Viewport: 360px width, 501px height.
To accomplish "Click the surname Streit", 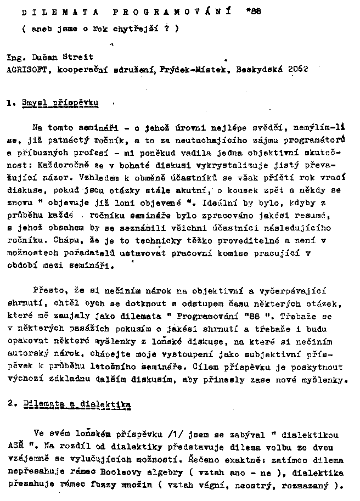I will click(80, 57).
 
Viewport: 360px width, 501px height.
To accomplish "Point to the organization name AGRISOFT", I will click(25, 70).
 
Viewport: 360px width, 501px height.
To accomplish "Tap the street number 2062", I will click(296, 70).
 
